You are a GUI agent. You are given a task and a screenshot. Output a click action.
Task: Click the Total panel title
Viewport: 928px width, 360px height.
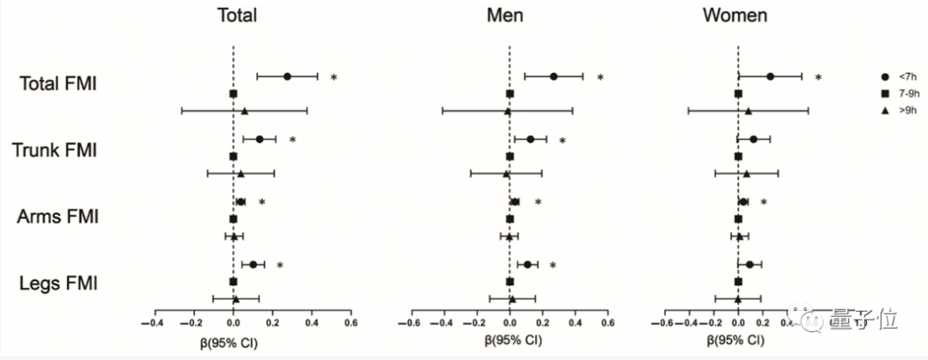[236, 16]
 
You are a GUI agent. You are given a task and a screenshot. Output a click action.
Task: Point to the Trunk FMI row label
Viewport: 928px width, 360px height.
[55, 150]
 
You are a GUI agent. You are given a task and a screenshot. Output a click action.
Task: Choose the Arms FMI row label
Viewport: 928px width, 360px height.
[58, 217]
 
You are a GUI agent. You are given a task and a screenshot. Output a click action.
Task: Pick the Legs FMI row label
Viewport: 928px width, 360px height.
[58, 282]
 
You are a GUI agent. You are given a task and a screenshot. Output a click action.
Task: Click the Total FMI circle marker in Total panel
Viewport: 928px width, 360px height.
[287, 76]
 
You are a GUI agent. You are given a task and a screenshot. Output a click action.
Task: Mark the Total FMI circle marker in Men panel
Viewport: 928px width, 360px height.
[553, 76]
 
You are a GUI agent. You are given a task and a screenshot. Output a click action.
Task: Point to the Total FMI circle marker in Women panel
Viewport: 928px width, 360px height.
[770, 76]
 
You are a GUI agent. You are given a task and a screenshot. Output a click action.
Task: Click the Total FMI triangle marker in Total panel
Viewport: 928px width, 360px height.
[244, 111]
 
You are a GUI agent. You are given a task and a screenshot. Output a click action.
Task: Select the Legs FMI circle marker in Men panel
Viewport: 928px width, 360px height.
[527, 265]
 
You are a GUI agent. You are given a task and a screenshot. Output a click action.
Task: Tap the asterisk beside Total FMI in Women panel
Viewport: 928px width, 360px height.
[819, 78]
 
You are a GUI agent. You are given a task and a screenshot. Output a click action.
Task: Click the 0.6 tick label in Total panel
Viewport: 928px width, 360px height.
[351, 324]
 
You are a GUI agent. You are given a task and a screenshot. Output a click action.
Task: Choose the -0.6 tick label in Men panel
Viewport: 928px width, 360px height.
[409, 324]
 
